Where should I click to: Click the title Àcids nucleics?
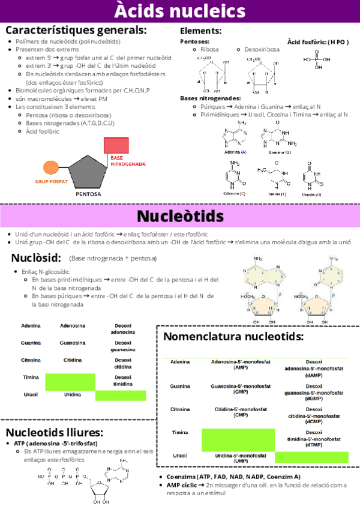coord(180,11)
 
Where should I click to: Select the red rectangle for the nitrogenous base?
coord(116,146)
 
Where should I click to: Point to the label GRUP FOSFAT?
coord(51,181)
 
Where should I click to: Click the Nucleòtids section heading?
coord(180,215)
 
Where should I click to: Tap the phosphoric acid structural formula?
coord(317,60)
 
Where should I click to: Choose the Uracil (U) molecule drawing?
coord(311,176)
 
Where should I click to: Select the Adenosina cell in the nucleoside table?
coord(72,325)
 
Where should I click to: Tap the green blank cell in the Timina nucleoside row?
coord(70,381)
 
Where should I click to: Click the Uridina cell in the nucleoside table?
coord(72,395)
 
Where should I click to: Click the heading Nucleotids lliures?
coord(55,432)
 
